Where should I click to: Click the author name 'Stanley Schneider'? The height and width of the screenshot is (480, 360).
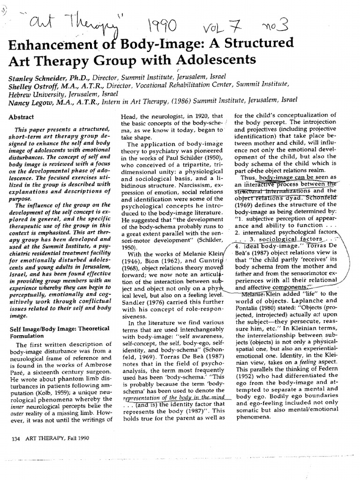[x=38, y=76]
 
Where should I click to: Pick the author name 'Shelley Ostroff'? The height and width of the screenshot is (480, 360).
[x=34, y=85]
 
